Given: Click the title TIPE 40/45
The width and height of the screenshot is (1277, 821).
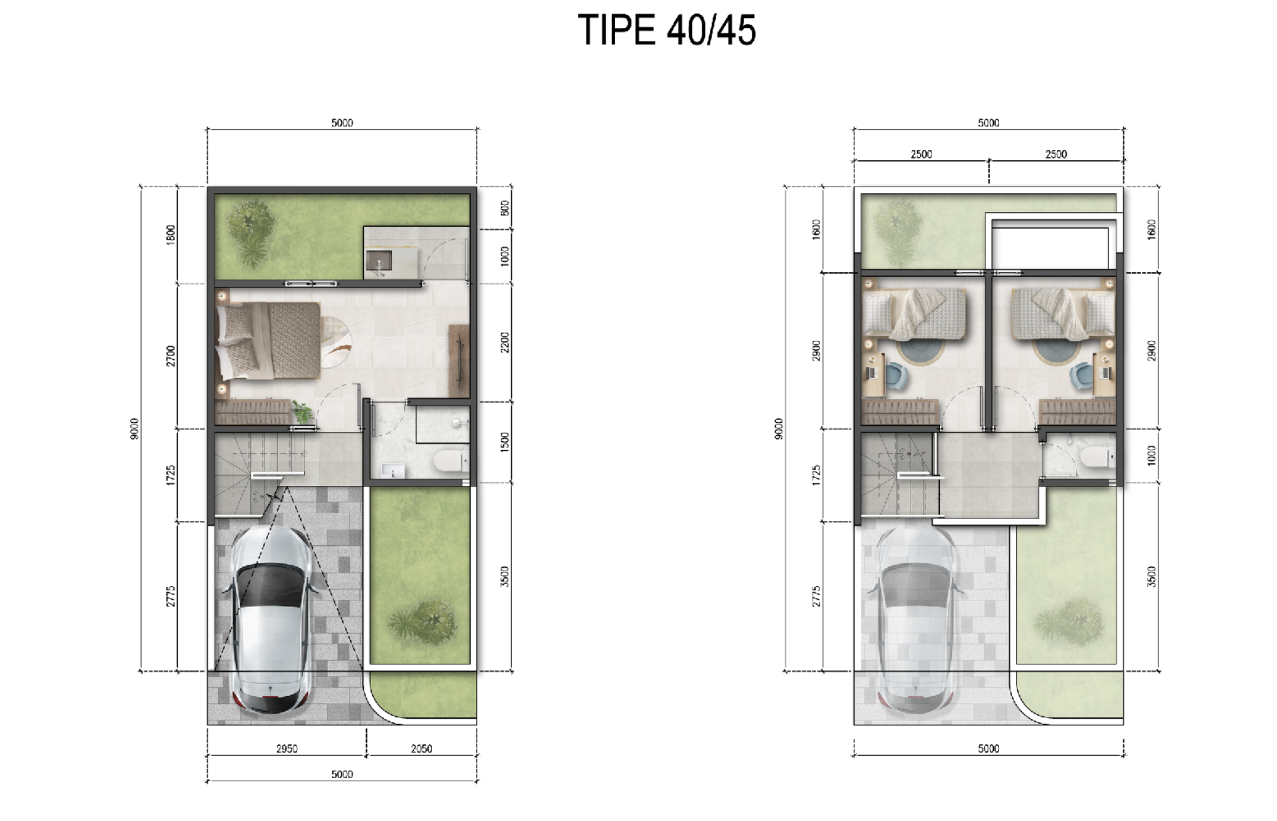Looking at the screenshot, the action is click(x=666, y=30).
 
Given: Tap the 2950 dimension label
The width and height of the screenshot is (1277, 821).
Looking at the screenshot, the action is click(x=286, y=748).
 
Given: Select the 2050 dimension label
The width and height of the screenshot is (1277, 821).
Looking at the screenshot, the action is click(x=421, y=748).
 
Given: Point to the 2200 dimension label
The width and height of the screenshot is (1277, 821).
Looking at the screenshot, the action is click(x=505, y=343).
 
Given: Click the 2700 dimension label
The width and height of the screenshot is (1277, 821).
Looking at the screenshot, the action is click(x=171, y=356).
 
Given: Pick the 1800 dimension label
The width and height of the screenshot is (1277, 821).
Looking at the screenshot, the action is click(x=171, y=235).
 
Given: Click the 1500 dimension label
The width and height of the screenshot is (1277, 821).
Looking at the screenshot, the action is click(x=505, y=442).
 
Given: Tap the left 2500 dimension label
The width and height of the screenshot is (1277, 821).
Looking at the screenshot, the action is click(x=921, y=154).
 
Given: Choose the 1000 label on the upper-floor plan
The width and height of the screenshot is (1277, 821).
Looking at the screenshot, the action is click(x=1151, y=455).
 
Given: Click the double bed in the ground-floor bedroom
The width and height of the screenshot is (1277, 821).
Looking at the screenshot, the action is click(x=269, y=341).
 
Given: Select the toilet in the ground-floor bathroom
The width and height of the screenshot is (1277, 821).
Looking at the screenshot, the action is click(x=450, y=462).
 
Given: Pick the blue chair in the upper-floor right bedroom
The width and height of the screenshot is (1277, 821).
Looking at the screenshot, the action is click(x=1081, y=375).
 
